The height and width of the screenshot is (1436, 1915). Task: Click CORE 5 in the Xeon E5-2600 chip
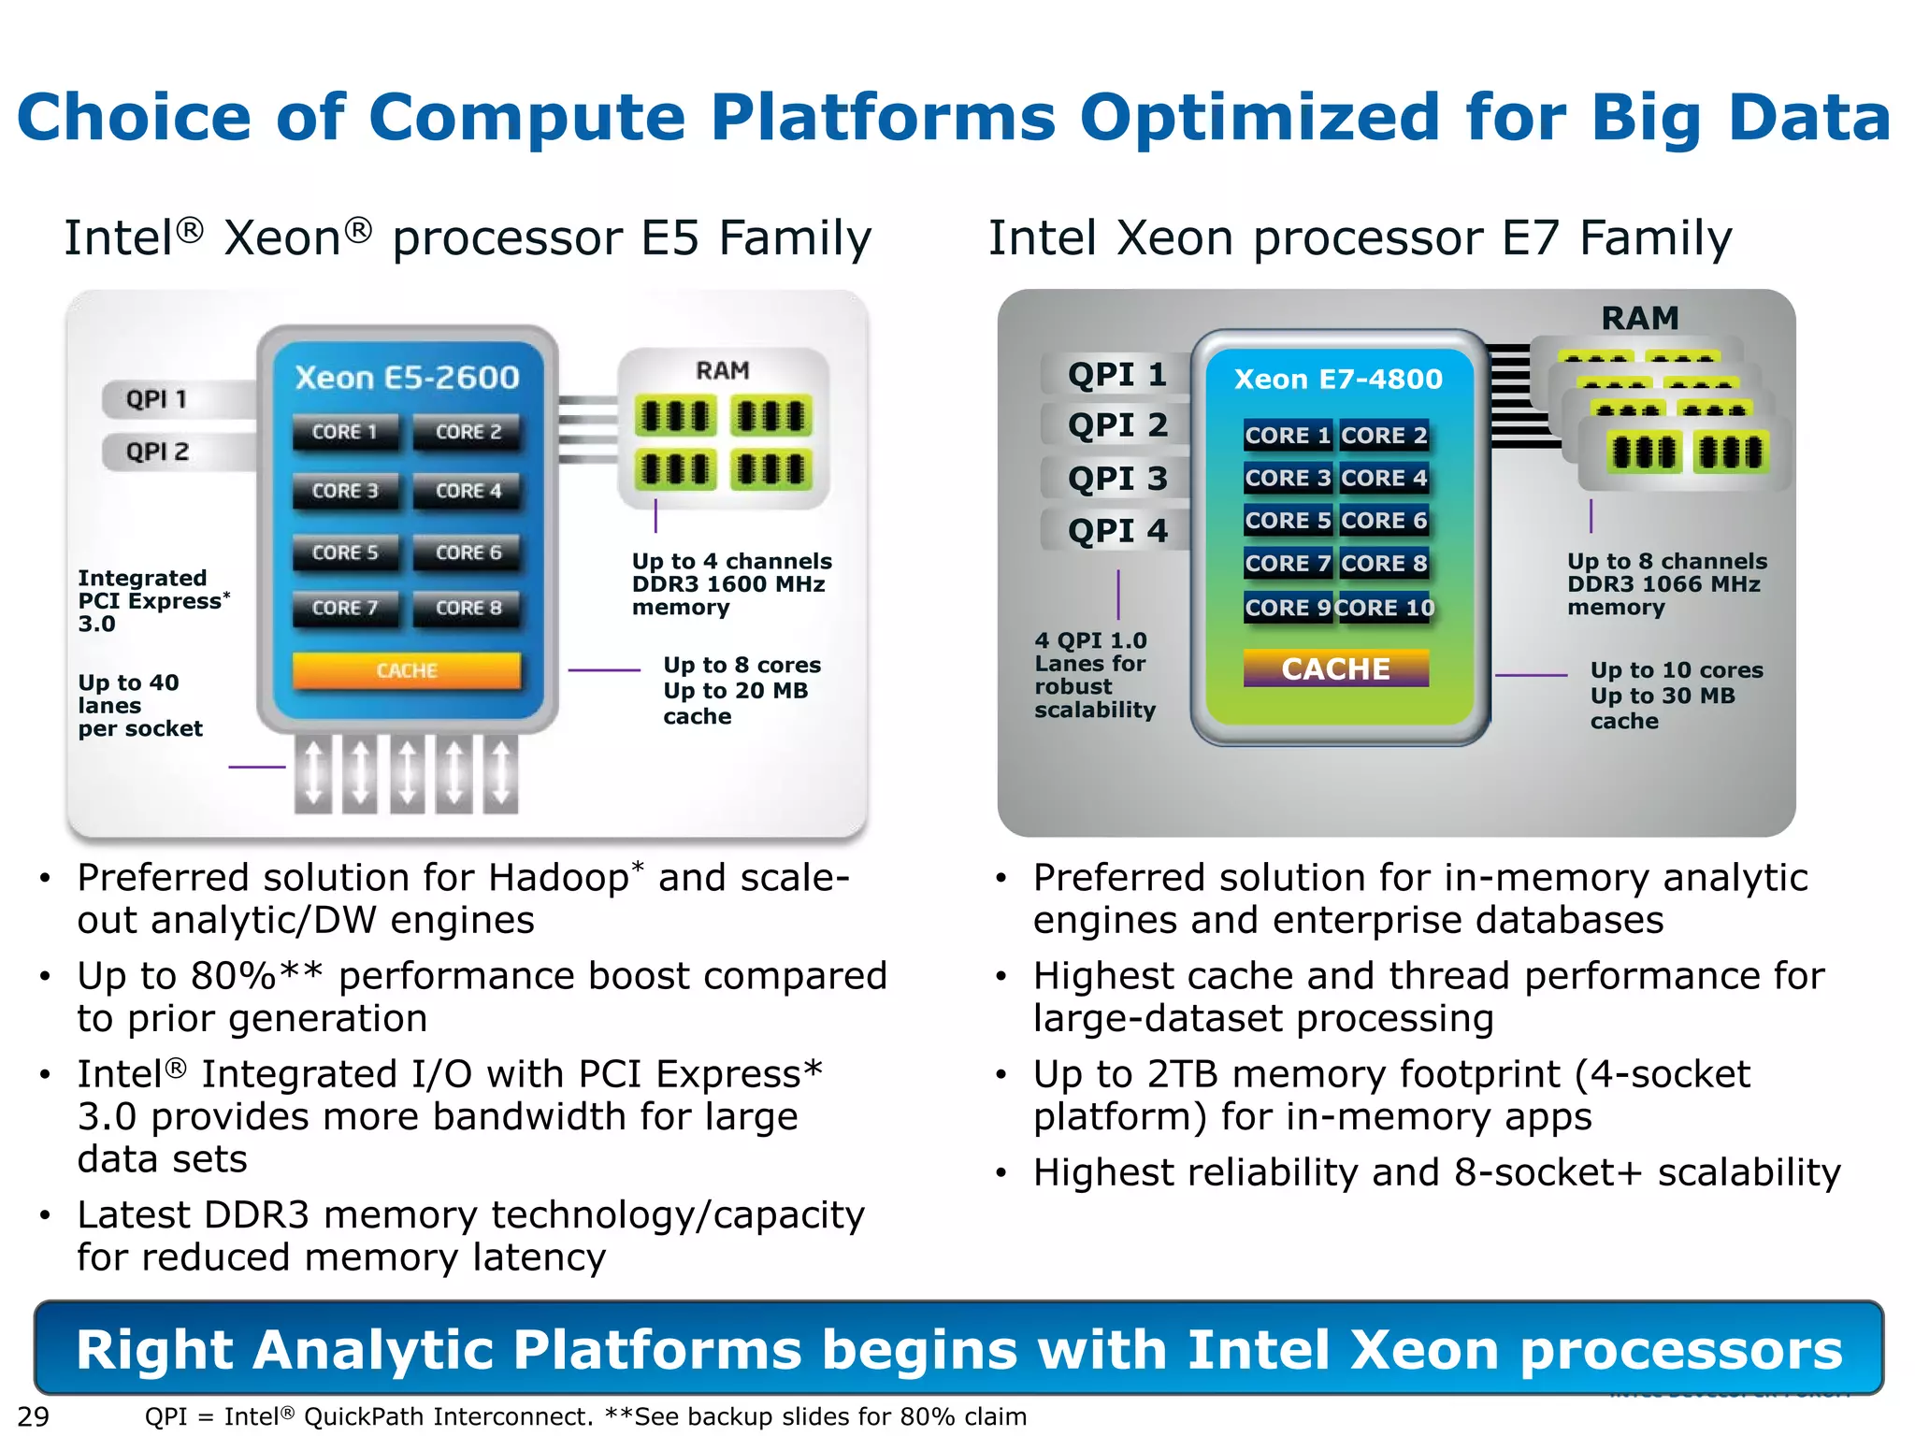point(345,553)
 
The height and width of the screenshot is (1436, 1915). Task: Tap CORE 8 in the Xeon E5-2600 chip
point(468,608)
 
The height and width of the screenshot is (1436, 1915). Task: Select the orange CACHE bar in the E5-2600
point(407,670)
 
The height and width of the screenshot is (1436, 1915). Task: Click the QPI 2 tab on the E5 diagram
point(157,452)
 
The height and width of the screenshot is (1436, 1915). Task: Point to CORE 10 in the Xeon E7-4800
point(1386,608)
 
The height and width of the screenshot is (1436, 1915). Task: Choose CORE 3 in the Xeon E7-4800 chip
point(1288,478)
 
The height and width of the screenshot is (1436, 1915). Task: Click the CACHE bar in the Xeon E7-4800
point(1335,668)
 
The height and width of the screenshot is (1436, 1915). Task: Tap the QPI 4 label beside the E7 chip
point(1117,531)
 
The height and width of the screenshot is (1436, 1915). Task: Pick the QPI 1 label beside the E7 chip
point(1117,375)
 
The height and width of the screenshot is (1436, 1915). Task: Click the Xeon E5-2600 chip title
point(407,378)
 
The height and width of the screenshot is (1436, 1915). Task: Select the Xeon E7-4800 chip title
point(1338,379)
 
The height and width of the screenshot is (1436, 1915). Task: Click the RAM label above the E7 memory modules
point(1640,318)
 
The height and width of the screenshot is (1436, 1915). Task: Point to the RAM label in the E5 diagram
point(723,370)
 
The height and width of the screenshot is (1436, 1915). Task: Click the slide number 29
point(34,1416)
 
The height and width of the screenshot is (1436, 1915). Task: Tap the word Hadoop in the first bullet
point(558,878)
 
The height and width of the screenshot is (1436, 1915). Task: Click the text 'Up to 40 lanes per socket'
point(139,706)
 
